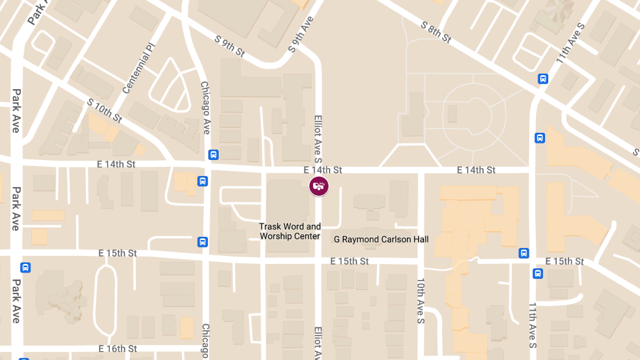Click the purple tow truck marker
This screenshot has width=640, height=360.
pos(319,186)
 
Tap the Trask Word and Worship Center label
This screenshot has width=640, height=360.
pos(290,231)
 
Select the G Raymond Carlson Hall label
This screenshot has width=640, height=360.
pos(381,239)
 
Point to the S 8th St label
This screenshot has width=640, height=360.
pos(436,33)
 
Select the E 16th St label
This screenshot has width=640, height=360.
pos(118,349)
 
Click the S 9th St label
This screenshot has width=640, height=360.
pos(229,46)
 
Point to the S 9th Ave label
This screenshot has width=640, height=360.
pos(301,34)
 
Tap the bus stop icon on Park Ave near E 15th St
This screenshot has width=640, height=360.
pos(25,268)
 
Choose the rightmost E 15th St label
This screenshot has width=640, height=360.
pos(565,261)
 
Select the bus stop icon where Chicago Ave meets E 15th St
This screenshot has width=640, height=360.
pos(203,242)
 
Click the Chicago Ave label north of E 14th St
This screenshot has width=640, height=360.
pos(205,108)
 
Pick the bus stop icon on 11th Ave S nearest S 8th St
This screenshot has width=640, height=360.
pos(543,79)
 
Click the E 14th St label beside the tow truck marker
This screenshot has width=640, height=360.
pos(323,170)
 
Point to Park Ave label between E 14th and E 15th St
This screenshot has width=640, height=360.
pos(16,208)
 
